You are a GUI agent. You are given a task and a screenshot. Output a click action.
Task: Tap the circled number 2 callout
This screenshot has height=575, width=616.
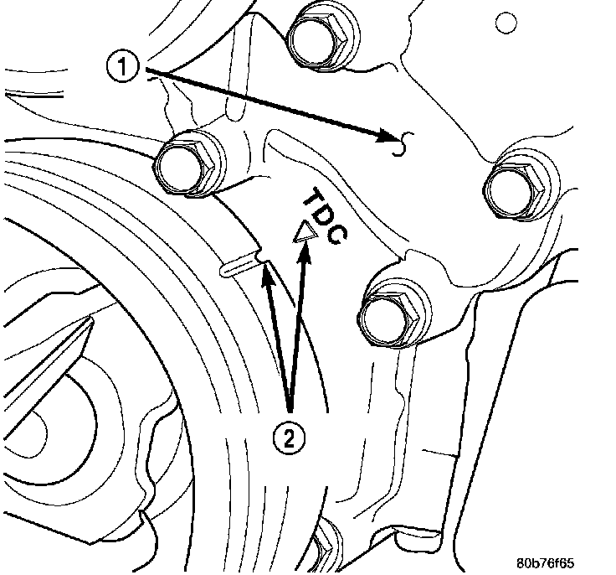pyautogui.click(x=289, y=438)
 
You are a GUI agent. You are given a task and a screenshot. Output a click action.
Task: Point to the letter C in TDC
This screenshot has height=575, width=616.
pyautogui.click(x=338, y=235)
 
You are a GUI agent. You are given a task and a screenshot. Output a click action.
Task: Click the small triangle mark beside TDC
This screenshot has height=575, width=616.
pyautogui.click(x=305, y=233)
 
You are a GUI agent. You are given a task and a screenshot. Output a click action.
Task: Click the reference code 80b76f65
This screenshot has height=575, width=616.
pyautogui.click(x=545, y=563)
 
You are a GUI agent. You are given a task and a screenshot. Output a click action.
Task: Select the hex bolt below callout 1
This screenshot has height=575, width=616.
pyautogui.click(x=187, y=163)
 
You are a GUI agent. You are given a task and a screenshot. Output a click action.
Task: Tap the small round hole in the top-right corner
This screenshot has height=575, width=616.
pyautogui.click(x=506, y=23)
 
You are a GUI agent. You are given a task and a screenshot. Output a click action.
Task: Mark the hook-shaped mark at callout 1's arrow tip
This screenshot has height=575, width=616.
pyautogui.click(x=403, y=143)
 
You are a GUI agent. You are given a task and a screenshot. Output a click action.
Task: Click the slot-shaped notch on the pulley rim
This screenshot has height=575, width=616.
pyautogui.click(x=240, y=267)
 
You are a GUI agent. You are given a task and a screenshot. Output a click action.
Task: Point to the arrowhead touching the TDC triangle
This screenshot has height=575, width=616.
pyautogui.click(x=305, y=252)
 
